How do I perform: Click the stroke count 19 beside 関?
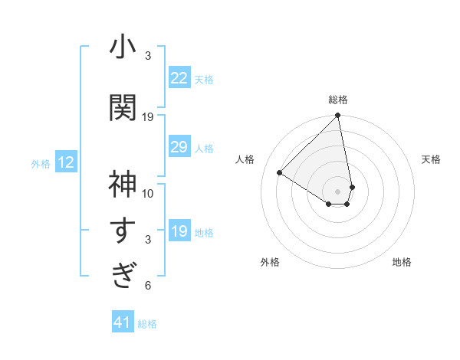click(148, 116)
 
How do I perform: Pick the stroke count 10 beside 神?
click(148, 193)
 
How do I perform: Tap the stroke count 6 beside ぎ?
click(148, 286)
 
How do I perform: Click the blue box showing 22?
click(179, 78)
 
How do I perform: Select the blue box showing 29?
click(179, 147)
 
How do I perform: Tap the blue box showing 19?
click(179, 231)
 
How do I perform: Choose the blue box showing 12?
click(66, 162)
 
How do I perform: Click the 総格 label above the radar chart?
click(338, 100)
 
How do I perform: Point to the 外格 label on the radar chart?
click(270, 262)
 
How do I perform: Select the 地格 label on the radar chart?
click(402, 262)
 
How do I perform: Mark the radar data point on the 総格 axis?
click(338, 116)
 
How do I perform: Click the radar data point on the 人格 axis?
click(280, 172)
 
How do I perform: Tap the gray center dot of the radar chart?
click(338, 191)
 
